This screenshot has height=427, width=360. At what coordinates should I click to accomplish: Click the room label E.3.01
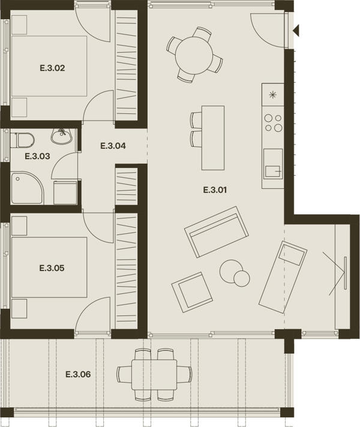(215, 190)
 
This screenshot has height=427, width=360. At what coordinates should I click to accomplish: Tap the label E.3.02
(52, 68)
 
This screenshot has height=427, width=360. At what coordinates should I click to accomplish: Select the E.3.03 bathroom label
(37, 157)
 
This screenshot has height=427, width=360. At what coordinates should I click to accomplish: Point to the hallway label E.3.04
(113, 146)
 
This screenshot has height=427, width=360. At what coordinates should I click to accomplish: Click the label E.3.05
(52, 268)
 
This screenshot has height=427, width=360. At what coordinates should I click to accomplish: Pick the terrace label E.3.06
(78, 374)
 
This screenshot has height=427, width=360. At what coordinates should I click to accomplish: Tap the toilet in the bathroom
(22, 140)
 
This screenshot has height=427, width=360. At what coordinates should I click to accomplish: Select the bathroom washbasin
(62, 136)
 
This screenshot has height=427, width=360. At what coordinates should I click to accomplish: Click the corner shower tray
(27, 188)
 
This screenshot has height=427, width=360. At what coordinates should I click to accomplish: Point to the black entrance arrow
(296, 30)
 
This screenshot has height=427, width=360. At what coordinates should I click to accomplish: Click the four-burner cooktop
(273, 123)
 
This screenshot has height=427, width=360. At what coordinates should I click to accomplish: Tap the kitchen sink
(273, 164)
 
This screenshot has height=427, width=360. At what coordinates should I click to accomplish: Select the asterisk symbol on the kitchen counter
(272, 95)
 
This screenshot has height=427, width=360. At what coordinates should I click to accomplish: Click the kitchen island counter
(213, 138)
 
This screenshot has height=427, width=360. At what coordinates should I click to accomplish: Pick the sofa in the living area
(217, 231)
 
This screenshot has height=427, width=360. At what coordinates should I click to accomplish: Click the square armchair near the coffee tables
(192, 292)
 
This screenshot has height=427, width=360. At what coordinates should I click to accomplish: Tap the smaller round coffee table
(242, 278)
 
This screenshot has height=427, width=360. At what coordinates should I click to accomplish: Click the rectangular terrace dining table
(154, 375)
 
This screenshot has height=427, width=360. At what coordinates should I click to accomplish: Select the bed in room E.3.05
(49, 267)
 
